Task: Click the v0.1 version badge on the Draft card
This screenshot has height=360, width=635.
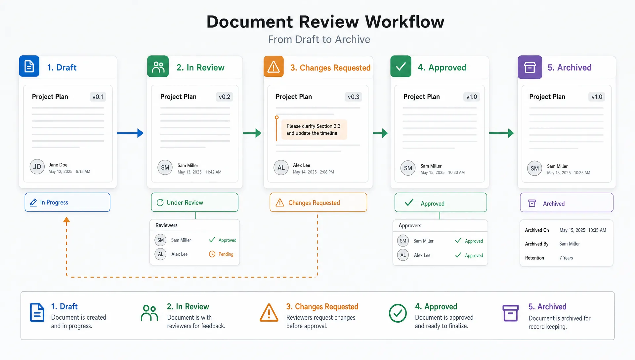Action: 98,97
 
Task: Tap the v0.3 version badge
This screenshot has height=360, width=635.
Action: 353,97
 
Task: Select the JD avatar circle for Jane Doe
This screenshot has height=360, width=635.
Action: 37,167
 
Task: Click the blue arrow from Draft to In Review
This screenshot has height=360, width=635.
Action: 130,133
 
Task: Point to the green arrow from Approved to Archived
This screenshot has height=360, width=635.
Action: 501,133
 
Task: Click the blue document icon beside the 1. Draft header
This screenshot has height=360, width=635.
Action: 29,66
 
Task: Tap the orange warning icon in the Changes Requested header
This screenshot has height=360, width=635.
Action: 274,67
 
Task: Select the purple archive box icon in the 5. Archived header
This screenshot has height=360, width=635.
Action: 530,67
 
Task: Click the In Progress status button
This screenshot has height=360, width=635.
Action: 67,202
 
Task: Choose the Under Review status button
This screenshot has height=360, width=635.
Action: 194,202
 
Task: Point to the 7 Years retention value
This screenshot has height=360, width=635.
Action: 566,258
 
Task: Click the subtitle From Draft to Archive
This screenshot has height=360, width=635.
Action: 319,39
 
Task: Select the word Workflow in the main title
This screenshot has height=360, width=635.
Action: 405,22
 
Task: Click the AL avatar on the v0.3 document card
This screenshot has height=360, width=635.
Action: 281,168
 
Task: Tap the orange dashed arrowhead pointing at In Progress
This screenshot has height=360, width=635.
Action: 66,220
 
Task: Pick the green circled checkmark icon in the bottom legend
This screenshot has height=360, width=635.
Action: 398,313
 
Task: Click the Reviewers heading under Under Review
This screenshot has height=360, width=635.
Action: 166,225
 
